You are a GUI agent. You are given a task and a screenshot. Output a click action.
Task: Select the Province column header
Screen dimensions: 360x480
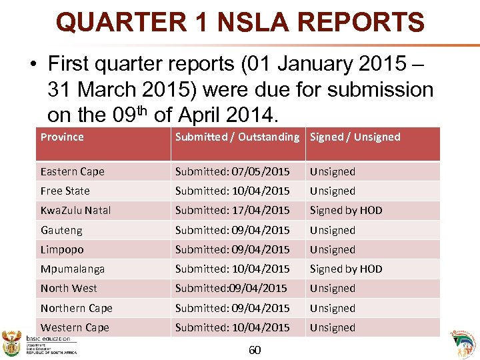62,137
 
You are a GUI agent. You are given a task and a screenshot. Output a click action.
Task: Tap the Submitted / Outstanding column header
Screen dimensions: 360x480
237,137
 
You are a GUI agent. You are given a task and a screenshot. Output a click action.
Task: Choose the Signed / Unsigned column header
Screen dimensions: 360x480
355,137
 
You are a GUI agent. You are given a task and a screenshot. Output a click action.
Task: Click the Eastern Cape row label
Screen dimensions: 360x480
72,171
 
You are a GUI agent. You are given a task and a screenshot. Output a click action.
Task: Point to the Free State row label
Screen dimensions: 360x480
65,191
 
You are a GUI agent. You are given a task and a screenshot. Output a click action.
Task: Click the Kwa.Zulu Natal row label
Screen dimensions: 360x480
75,210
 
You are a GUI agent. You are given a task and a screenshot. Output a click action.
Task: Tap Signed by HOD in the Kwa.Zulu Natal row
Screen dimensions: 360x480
345,210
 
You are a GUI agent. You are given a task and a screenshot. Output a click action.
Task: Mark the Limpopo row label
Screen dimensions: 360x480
61,249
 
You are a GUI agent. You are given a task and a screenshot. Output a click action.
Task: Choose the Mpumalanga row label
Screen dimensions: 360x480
72,269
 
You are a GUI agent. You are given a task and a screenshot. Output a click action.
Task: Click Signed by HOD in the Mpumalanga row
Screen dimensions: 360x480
345,269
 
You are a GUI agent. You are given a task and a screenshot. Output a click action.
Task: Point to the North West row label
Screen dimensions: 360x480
68,288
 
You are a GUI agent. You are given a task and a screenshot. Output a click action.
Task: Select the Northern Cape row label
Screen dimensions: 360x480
76,308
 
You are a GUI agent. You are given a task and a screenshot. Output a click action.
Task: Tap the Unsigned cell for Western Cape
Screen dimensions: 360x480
332,327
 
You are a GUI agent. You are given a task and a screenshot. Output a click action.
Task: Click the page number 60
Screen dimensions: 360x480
254,350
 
